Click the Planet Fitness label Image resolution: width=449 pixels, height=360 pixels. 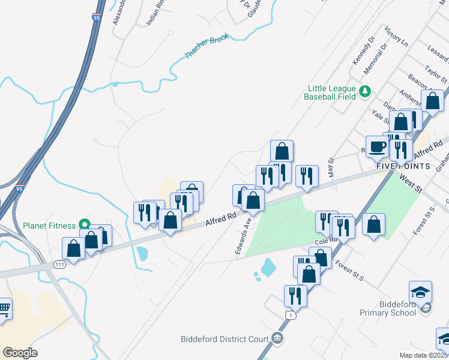pyautogui.click(x=49, y=226)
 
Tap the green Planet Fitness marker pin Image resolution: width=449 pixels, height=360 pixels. pyautogui.click(x=85, y=226)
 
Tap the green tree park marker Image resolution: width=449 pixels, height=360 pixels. pyautogui.click(x=364, y=92)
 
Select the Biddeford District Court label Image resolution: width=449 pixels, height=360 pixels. pyautogui.click(x=224, y=339)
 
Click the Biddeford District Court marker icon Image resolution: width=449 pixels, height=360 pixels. pyautogui.click(x=277, y=339)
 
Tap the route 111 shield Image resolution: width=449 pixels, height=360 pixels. pyautogui.click(x=59, y=264)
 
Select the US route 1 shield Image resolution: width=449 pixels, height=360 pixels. pyautogui.click(x=291, y=315)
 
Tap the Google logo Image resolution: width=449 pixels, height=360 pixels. pyautogui.click(x=20, y=353)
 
